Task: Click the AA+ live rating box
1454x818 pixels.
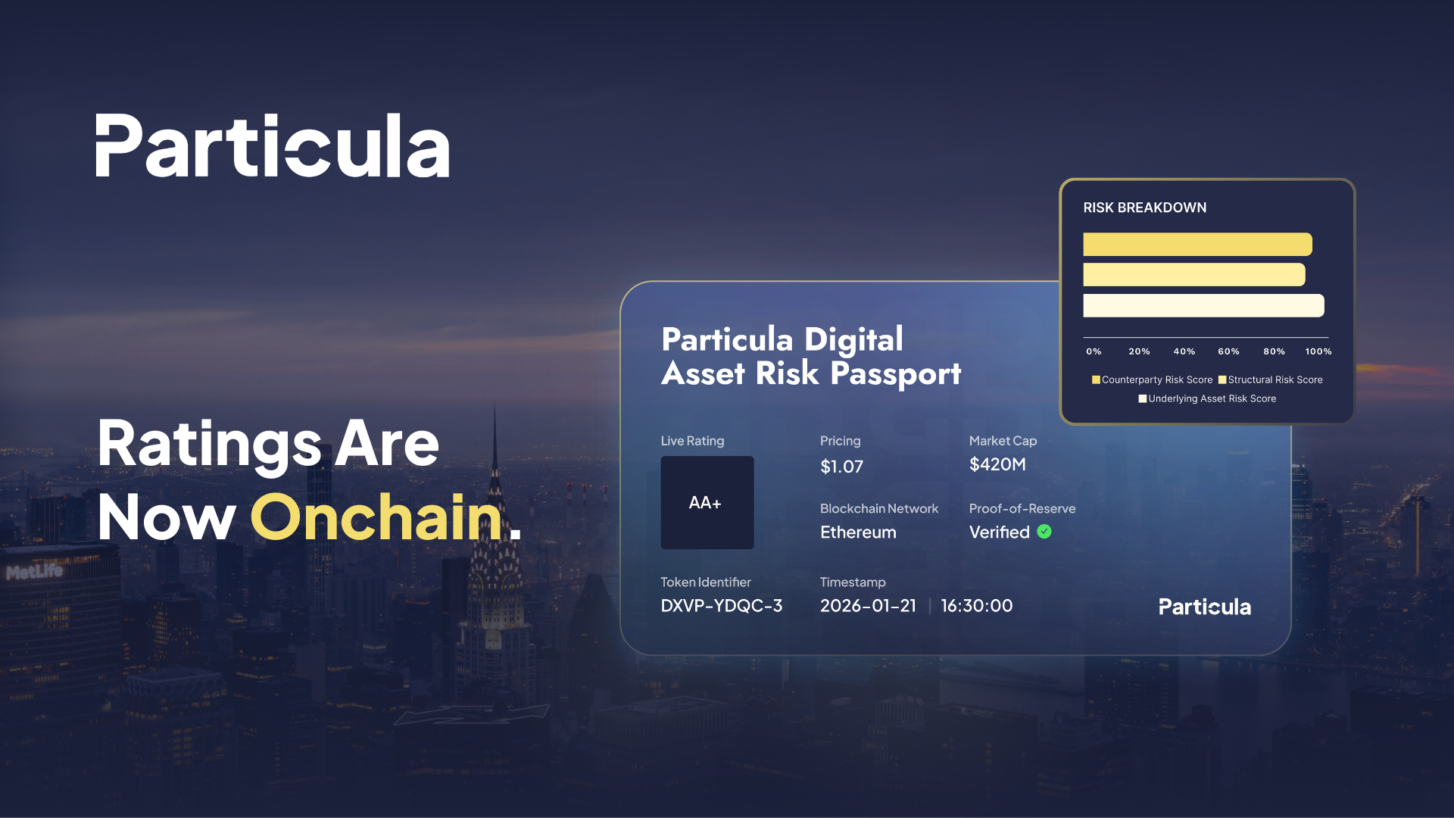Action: coord(707,502)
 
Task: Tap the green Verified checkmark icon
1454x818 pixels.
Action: coord(1044,532)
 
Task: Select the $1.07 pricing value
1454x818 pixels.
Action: coord(841,467)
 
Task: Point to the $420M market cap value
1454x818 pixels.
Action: coord(997,464)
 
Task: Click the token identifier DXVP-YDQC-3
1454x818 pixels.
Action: coord(721,606)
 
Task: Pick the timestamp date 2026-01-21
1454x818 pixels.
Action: coord(868,606)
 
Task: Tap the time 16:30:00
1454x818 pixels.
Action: coord(977,606)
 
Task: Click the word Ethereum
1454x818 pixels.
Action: coord(858,532)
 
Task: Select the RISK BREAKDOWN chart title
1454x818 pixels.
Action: coord(1144,208)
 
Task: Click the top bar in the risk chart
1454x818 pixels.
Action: coord(1197,245)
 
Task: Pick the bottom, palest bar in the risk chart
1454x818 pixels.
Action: coord(1203,305)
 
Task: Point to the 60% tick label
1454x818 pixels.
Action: coord(1228,351)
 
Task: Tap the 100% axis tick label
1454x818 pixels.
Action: coord(1318,351)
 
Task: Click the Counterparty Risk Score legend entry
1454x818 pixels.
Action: coord(1152,379)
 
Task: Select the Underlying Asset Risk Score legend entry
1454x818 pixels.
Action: coord(1207,398)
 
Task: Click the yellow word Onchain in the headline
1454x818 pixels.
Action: coord(376,517)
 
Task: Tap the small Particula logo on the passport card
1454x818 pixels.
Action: coord(1205,607)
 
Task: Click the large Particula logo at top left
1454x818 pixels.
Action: coord(273,145)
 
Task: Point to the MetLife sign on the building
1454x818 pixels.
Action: coord(34,572)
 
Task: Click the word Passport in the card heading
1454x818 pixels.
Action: coord(896,374)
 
